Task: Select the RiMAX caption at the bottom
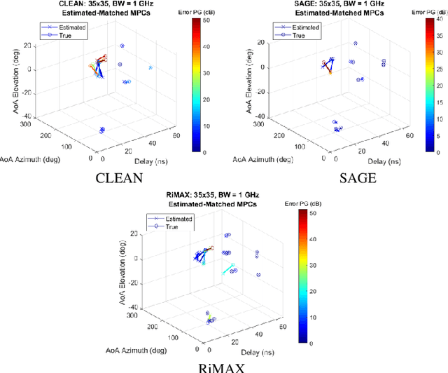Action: pos(224,365)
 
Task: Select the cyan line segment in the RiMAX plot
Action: pos(229,269)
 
